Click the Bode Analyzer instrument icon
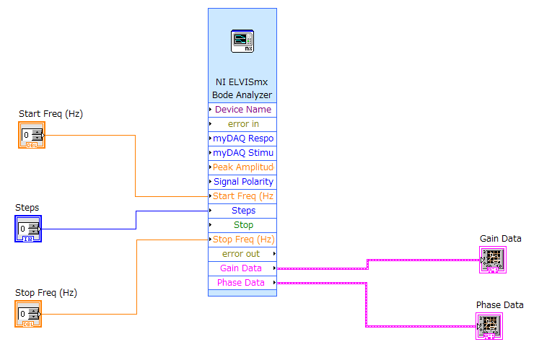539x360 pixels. coord(242,41)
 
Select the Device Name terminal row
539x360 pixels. coord(242,110)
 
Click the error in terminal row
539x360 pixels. coord(242,124)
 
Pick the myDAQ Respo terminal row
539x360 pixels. coord(242,139)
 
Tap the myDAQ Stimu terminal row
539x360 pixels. coord(242,153)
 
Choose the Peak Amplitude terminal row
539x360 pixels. coord(242,167)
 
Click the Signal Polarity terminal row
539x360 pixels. coord(242,182)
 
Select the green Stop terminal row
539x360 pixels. coord(242,225)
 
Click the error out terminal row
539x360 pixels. coord(242,254)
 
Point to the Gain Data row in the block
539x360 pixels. coord(242,268)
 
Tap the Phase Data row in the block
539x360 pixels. coord(242,283)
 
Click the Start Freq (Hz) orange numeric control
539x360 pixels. coord(32,135)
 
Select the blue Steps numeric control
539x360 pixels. coord(28,229)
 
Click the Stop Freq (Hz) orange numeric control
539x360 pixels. coord(28,314)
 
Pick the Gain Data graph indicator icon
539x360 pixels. coord(493,260)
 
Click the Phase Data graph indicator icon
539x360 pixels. coord(489,326)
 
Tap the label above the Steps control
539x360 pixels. coord(27,208)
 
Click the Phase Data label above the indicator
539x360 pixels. coord(500,305)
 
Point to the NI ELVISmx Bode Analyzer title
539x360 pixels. coord(242,88)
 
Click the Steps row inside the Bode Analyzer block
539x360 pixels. coord(242,211)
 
